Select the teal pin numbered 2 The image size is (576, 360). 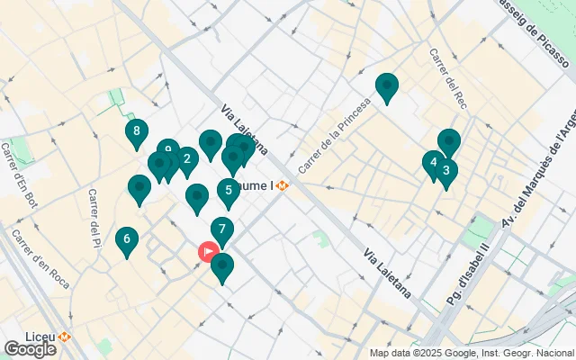[186, 160]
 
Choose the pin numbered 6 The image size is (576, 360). [127, 239]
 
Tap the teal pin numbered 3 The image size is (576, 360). [446, 171]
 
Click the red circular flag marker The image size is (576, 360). [208, 252]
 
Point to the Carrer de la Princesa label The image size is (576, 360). [334, 135]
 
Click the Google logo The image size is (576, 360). [30, 348]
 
